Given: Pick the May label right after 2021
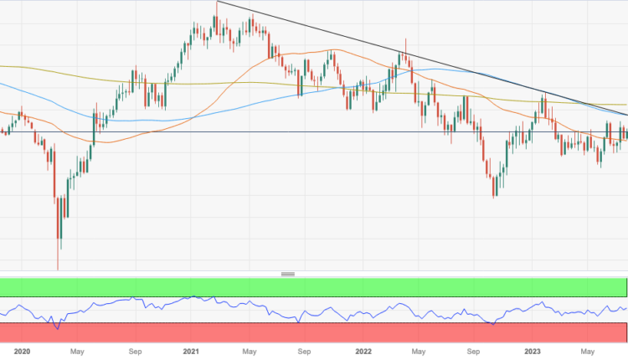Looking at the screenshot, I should coord(250,352).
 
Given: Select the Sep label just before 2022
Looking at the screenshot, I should coord(306,352).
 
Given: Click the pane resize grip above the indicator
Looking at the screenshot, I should coord(288,274).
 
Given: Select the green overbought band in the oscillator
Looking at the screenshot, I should coord(314,287).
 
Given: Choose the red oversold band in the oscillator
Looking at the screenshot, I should coord(314,333).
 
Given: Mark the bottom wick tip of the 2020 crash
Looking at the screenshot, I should coord(58,270).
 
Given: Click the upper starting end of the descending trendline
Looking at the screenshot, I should coord(217,3).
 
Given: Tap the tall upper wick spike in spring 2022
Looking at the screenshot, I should coord(405,39).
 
